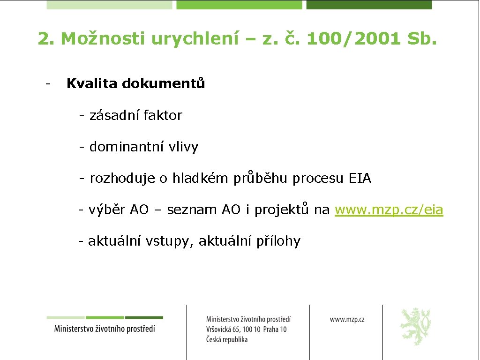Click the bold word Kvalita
click(92, 83)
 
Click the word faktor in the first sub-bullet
click(163, 115)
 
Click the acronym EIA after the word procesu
click(360, 179)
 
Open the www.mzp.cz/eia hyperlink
click(389, 210)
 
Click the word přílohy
click(278, 241)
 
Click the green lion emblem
click(415, 326)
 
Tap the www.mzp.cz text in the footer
click(347, 319)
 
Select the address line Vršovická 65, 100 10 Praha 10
click(246, 329)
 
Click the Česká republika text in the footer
click(227, 339)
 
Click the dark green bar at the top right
click(369, 5)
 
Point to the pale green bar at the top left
click(110, 5)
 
